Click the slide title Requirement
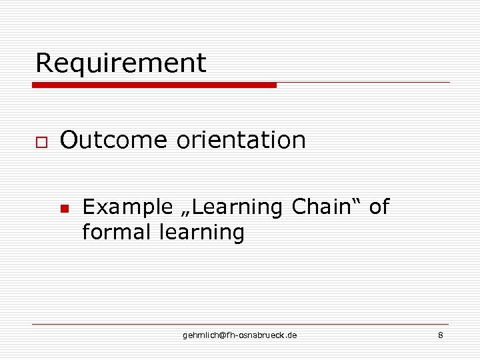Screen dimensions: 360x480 click(x=121, y=63)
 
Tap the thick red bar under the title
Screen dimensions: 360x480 click(x=154, y=85)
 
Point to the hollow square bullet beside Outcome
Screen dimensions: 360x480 click(x=41, y=142)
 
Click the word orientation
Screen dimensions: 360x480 click(x=241, y=140)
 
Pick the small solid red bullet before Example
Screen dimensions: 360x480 click(x=64, y=209)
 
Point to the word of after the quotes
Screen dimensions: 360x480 click(x=378, y=207)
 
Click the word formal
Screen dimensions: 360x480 click(x=117, y=233)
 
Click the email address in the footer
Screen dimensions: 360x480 click(x=240, y=335)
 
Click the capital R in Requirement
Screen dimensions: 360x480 click(x=43, y=63)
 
